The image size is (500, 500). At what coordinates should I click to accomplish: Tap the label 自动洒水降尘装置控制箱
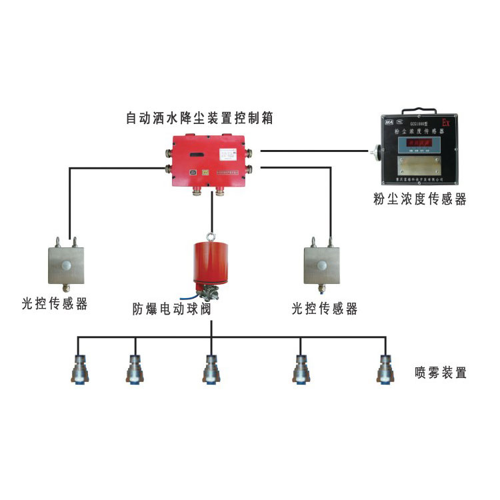(x=201, y=118)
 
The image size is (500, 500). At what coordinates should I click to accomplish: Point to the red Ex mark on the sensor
(x=446, y=123)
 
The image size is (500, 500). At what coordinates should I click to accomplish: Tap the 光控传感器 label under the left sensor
(x=54, y=305)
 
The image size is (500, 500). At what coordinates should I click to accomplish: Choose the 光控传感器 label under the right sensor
(x=325, y=309)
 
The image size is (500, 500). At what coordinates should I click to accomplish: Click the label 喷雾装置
(x=440, y=372)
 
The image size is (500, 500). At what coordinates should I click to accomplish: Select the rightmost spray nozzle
(x=385, y=369)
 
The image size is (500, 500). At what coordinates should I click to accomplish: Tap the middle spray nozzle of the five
(x=211, y=369)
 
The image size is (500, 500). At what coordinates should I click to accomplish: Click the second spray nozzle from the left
(x=134, y=369)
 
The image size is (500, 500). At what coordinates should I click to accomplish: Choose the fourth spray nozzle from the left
(x=301, y=369)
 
